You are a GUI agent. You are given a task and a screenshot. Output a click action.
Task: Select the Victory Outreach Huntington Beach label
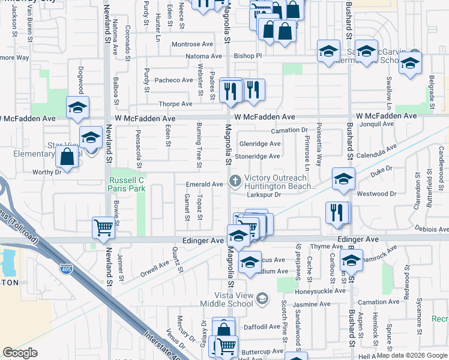click(x=280, y=182)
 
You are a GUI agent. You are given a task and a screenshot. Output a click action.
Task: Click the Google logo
click(x=21, y=353)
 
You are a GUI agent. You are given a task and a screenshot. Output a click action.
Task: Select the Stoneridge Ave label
click(x=258, y=157)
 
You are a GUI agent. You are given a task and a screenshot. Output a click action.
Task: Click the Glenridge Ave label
click(x=260, y=144)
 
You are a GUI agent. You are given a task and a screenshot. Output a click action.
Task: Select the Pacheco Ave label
click(x=174, y=80)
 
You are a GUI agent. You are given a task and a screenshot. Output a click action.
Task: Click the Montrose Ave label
click(x=192, y=44)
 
